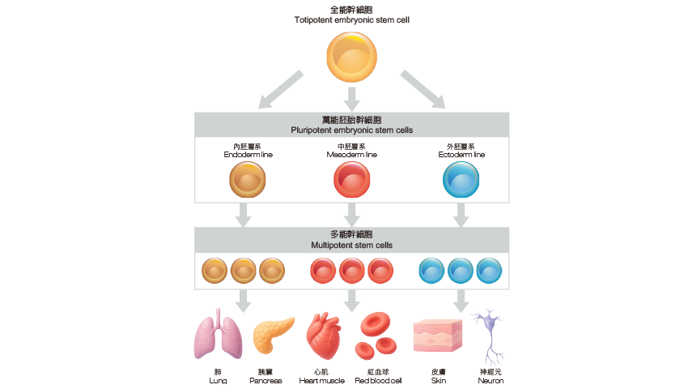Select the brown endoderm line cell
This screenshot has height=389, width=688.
click(248, 179)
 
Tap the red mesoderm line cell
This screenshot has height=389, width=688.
click(352, 179)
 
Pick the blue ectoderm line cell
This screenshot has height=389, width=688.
click(461, 179)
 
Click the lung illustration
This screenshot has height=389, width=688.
click(219, 336)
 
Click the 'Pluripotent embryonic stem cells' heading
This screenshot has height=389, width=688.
click(351, 130)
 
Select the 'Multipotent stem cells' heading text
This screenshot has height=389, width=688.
click(351, 245)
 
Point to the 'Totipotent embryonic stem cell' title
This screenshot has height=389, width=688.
click(351, 18)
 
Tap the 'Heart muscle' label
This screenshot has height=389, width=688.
click(321, 380)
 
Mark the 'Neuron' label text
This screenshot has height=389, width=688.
click(491, 380)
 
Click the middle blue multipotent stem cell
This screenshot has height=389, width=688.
click(461, 270)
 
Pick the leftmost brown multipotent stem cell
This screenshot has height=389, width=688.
click(214, 270)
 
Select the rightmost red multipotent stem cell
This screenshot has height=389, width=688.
click(380, 270)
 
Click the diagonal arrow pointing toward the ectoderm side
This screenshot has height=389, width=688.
click(423, 88)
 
